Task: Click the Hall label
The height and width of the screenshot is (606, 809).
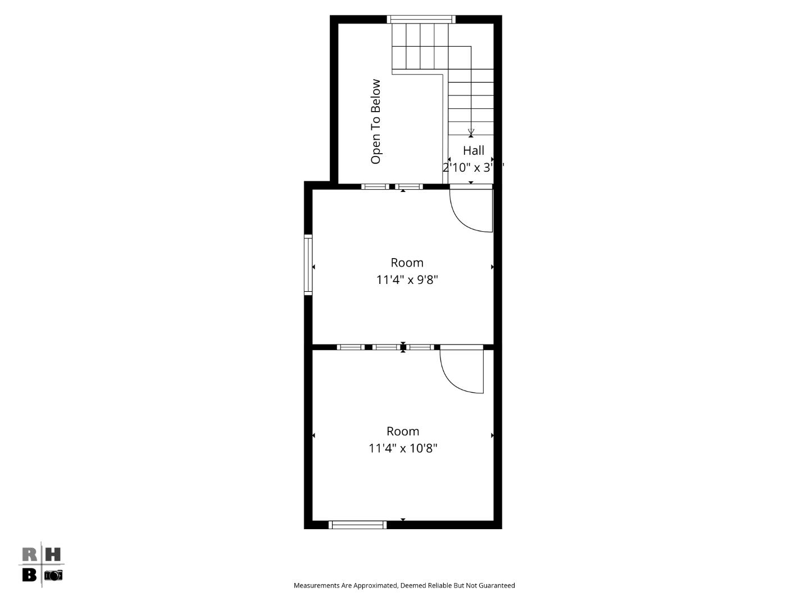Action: click(x=473, y=150)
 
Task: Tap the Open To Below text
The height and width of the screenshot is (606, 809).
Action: click(x=375, y=122)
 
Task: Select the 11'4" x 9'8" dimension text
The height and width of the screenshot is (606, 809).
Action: click(x=407, y=279)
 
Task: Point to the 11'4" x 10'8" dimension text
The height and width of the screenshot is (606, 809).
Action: click(x=403, y=448)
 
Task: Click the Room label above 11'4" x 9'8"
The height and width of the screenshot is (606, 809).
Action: click(x=407, y=263)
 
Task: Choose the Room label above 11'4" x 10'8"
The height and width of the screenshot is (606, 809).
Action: click(x=403, y=431)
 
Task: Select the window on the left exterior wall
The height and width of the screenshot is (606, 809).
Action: click(x=308, y=264)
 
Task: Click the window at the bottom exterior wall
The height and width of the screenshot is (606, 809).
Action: click(x=357, y=525)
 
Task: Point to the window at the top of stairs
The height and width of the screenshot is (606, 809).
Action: click(x=421, y=20)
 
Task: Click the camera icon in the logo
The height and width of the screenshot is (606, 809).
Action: click(x=53, y=575)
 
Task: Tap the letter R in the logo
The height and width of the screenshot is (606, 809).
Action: click(x=30, y=555)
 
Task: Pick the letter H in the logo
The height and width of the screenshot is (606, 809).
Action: click(x=52, y=555)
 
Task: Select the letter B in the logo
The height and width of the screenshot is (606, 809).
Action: click(x=29, y=575)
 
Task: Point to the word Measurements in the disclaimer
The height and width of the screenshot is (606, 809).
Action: click(x=316, y=585)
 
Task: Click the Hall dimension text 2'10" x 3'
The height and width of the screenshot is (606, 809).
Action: click(x=472, y=167)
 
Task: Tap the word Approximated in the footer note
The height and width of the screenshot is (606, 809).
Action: click(x=375, y=585)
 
